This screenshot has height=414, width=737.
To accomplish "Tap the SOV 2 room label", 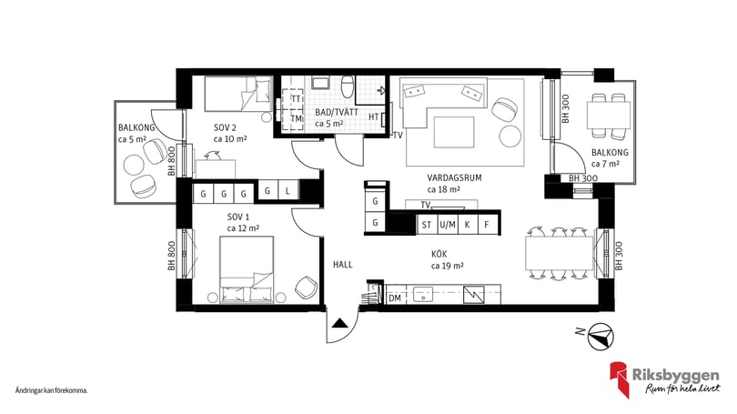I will [x=225, y=127].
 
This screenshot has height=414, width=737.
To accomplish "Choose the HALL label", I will [x=342, y=265].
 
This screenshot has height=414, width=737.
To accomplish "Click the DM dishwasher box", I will [x=395, y=298].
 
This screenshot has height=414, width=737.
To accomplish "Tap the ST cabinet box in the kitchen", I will [x=426, y=225].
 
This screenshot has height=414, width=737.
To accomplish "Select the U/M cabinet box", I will [x=447, y=225].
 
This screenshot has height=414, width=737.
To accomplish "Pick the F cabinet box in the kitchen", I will [x=487, y=225].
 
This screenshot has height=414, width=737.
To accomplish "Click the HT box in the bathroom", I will [x=374, y=116].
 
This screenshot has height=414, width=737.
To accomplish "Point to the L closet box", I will [x=287, y=191].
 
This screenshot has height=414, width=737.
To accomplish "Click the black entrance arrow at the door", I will [x=339, y=322].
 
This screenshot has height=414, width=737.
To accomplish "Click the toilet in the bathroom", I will [x=347, y=87].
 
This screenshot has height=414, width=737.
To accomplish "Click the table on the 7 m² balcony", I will [x=608, y=115].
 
